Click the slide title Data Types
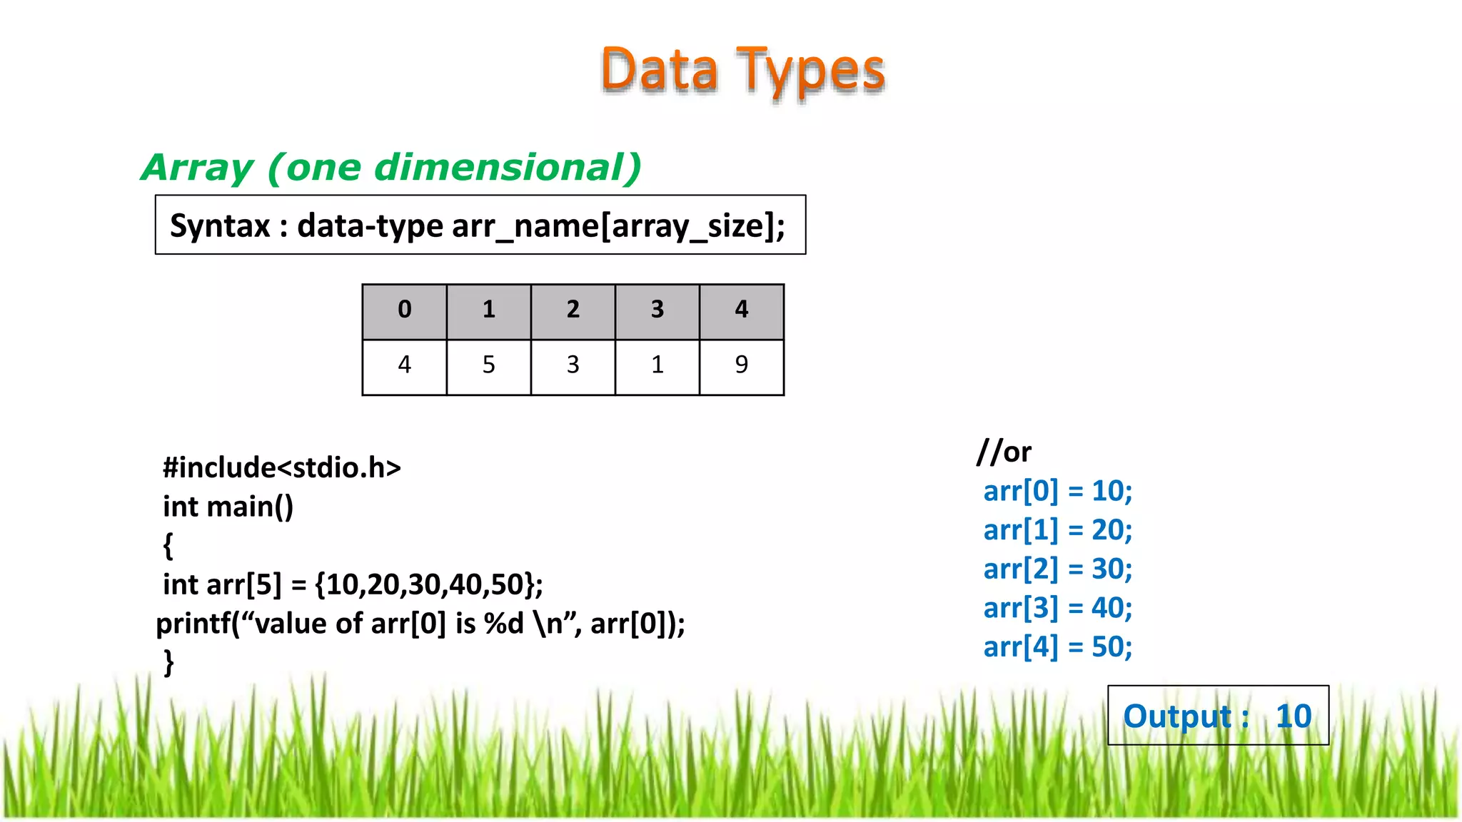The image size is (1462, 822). click(742, 71)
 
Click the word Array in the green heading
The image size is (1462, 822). click(197, 168)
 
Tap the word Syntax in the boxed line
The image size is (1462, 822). click(220, 226)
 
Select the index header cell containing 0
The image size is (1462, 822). click(404, 310)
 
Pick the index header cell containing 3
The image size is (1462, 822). click(657, 310)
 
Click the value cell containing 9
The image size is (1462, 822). click(741, 365)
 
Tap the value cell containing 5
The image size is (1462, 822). click(488, 365)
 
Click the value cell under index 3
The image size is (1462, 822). click(657, 365)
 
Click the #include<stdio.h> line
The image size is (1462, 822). click(282, 468)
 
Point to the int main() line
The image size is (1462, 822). click(228, 507)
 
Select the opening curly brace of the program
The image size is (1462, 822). click(168, 546)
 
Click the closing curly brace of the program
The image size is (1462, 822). click(168, 662)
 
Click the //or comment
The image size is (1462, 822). click(1004, 452)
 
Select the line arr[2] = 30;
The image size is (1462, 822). click(1057, 569)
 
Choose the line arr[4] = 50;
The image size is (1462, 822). click(1057, 647)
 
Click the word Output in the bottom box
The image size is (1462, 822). click(1177, 716)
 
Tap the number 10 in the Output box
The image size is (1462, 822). click(1294, 716)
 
